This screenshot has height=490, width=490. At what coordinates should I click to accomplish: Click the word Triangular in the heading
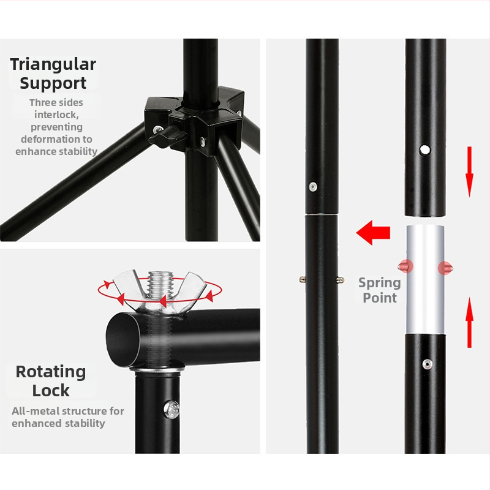(x=53, y=65)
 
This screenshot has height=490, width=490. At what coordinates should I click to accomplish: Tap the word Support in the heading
(x=53, y=83)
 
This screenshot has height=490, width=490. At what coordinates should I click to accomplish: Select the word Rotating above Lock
(x=51, y=372)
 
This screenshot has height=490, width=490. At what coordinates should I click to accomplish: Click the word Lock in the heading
(x=51, y=391)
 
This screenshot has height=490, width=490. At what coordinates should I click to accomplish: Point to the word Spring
(x=379, y=283)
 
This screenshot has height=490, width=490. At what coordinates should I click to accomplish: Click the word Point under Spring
(x=380, y=298)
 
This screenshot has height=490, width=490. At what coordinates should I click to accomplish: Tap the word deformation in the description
(x=56, y=139)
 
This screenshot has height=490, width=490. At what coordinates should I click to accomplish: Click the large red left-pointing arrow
(x=373, y=233)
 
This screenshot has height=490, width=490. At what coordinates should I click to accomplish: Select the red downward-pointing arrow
(x=469, y=172)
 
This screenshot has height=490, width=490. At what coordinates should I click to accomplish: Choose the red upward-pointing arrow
(x=469, y=322)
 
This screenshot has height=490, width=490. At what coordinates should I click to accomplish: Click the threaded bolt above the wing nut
(x=160, y=284)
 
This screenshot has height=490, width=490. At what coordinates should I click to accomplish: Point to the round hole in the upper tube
(x=424, y=150)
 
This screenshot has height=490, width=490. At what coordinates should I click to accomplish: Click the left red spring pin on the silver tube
(x=405, y=267)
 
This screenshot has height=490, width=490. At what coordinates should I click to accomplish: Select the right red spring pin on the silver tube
(x=446, y=268)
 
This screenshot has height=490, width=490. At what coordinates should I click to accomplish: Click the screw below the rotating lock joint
(x=171, y=409)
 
